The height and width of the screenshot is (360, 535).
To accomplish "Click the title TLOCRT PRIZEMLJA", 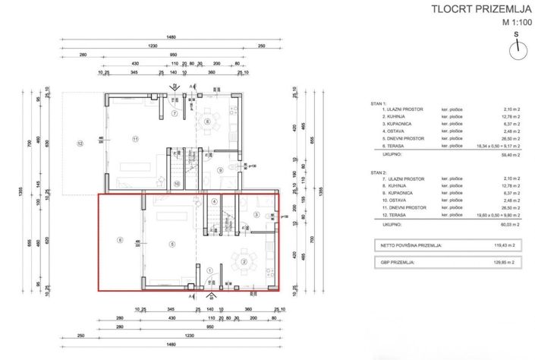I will (x=476, y=9).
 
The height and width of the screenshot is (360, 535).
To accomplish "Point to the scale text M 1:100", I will (x=517, y=23).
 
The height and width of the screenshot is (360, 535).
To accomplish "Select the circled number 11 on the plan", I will (x=136, y=139).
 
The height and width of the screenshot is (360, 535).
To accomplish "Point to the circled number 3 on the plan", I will (x=256, y=216).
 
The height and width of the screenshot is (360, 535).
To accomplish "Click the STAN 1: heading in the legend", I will (x=379, y=102).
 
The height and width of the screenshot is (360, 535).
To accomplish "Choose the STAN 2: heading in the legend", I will (x=379, y=173).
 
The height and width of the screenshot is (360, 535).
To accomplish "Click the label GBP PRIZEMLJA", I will (x=398, y=261).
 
